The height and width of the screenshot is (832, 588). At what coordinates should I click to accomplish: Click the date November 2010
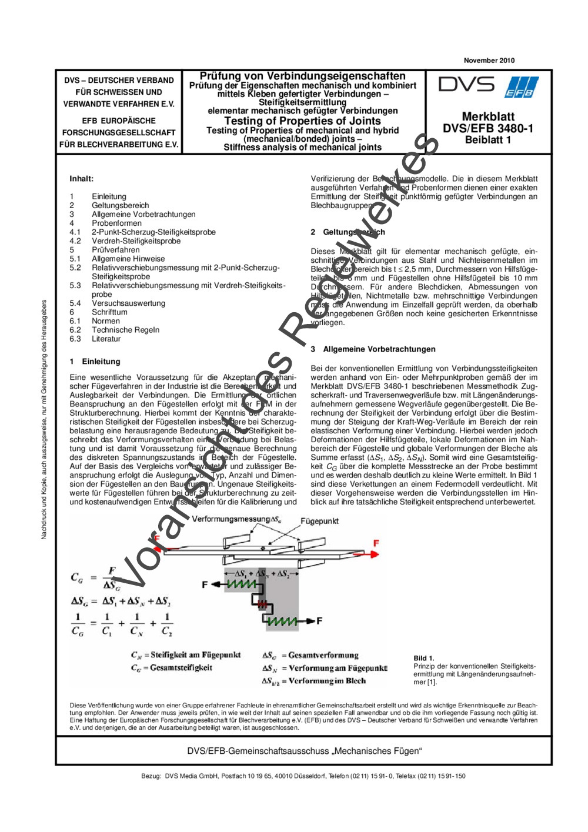489,61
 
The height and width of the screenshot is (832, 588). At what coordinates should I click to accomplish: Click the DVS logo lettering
467,85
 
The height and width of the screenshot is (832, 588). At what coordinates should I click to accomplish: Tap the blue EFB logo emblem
521,88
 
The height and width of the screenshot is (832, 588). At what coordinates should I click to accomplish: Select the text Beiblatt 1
487,140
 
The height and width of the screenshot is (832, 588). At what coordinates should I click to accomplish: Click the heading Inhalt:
81,179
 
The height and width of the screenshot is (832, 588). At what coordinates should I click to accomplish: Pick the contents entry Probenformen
116,223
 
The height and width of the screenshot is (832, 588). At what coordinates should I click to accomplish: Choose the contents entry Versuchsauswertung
128,303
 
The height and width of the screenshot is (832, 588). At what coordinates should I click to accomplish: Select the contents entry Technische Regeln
125,330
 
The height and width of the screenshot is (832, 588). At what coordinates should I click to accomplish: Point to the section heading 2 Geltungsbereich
348,232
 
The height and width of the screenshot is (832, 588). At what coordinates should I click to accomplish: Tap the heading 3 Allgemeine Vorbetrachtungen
373,349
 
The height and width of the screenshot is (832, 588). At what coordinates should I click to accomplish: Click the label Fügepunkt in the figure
319,521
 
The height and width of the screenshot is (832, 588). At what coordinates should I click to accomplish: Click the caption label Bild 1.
423,659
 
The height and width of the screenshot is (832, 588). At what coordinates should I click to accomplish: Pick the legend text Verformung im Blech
327,681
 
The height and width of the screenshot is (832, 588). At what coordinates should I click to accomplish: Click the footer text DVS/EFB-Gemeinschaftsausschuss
304,751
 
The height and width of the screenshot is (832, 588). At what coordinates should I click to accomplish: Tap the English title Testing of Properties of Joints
302,121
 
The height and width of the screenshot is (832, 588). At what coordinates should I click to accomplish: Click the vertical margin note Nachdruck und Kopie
44,420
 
